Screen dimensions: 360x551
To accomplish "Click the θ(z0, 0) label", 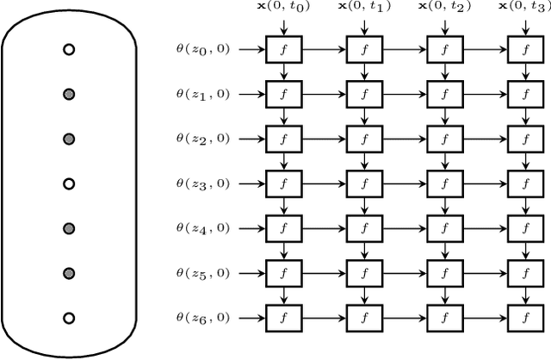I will click(x=202, y=49).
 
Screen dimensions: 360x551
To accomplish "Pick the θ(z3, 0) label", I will click(x=202, y=183).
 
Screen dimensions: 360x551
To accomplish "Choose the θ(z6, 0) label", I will click(x=202, y=317).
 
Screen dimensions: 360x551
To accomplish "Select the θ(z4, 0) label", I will click(x=202, y=227).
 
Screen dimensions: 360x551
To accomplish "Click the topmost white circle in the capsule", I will click(x=69, y=50).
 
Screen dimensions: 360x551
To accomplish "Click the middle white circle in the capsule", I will click(x=69, y=183).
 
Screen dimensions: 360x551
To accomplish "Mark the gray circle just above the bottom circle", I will click(x=69, y=273).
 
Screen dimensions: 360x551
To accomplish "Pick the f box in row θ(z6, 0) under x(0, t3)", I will click(x=519, y=317).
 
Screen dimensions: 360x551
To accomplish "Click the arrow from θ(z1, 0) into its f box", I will click(x=251, y=94).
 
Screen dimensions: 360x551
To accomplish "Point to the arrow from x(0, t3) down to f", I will click(x=519, y=28).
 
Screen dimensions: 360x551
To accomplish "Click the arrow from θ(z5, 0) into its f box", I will click(x=251, y=272).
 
